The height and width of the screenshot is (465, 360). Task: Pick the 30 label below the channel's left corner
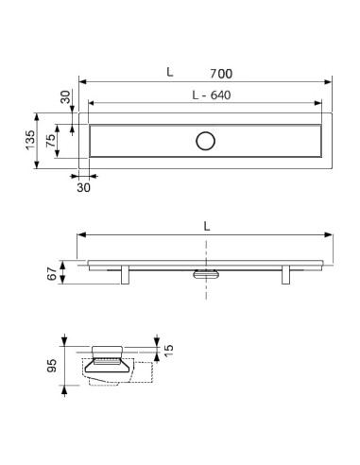[x=83, y=187]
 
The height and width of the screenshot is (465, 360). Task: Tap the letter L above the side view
[x=206, y=225]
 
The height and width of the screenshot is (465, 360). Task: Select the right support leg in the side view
[x=284, y=273]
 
